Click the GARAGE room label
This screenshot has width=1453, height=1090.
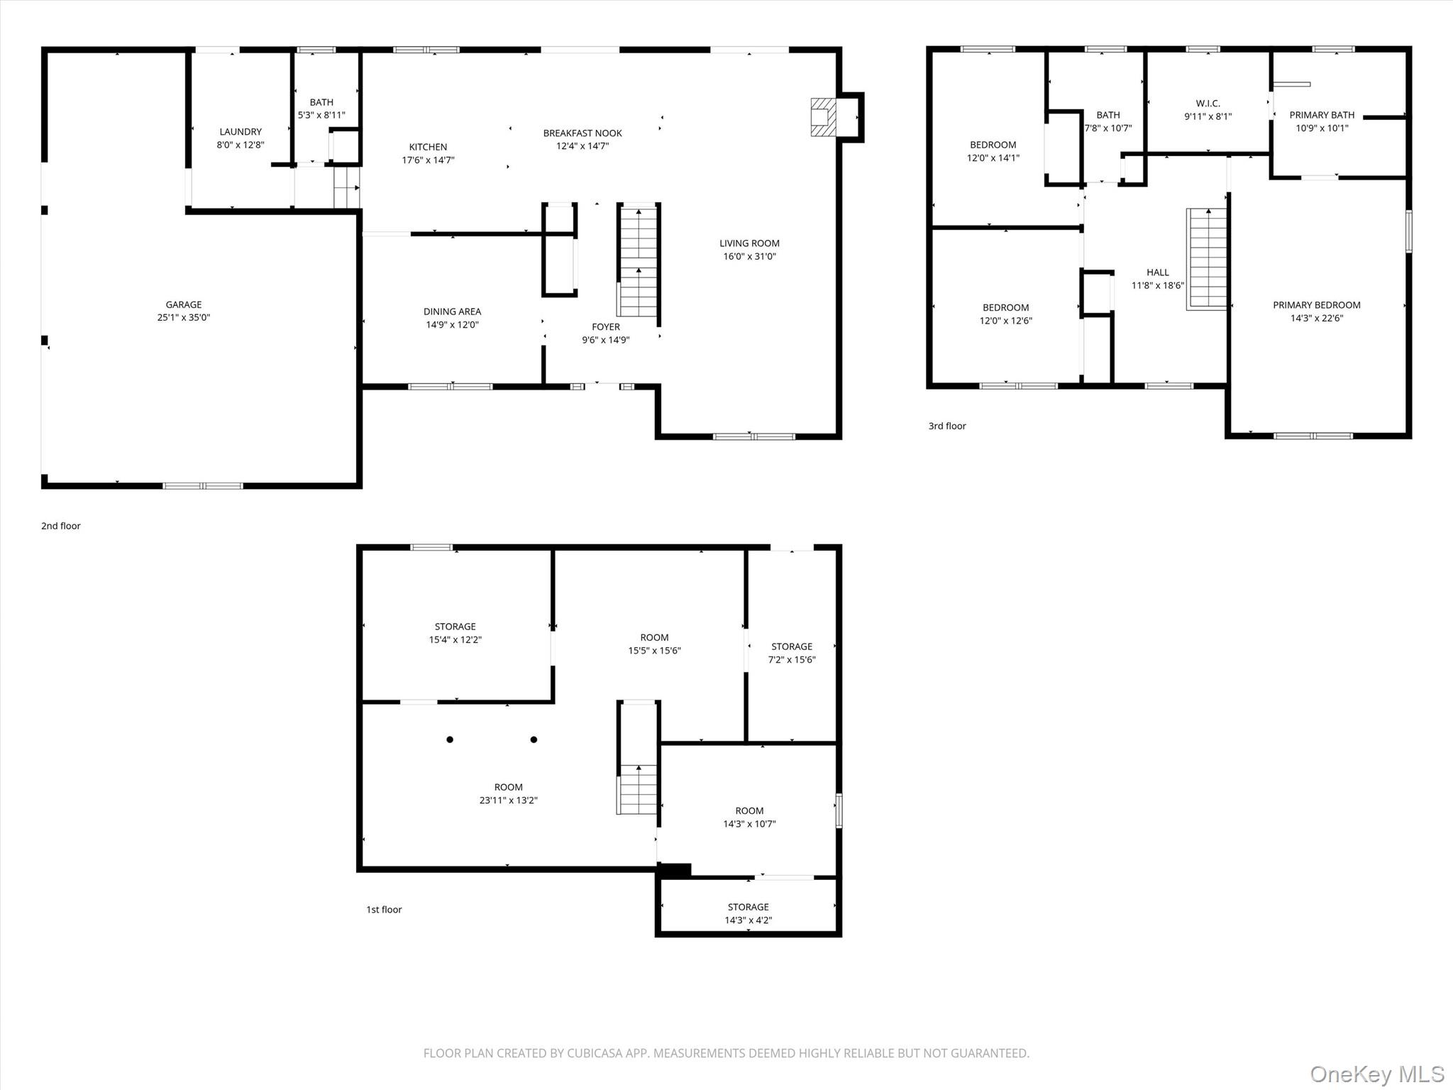(184, 304)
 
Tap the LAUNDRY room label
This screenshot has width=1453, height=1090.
(241, 131)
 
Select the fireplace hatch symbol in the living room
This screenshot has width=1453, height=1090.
(824, 116)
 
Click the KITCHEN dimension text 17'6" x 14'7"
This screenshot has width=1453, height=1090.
(428, 160)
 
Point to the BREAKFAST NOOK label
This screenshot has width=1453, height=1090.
(582, 133)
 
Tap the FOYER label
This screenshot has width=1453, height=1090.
(606, 326)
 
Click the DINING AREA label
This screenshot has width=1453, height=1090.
(452, 312)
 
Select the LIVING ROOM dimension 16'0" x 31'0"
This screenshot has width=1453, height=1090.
(749, 257)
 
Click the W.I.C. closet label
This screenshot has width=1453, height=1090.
(1208, 104)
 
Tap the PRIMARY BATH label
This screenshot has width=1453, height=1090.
(1322, 115)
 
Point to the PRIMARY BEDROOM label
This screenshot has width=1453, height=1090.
(1316, 305)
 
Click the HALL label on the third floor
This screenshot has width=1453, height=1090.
(1158, 272)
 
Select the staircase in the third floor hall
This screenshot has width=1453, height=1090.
(1207, 259)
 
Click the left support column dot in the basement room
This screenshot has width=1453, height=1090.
(450, 739)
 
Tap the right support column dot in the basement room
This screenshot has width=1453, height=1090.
(534, 739)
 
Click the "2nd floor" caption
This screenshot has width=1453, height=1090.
(61, 526)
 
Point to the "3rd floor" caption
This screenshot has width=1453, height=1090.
(947, 426)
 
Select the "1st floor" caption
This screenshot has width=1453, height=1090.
(384, 909)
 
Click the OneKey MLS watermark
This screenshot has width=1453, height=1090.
(1377, 1074)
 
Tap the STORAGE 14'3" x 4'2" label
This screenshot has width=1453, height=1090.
(748, 913)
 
